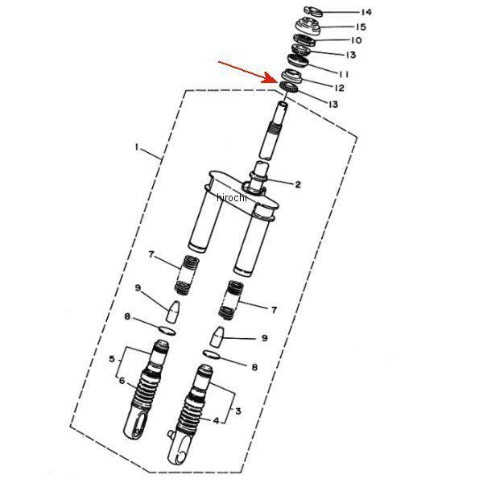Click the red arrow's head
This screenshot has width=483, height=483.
pos(270,77)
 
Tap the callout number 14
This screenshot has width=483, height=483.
pos(366,12)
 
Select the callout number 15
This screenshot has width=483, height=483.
pos(361,27)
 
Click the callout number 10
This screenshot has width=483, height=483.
pos(356,40)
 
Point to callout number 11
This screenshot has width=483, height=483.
pos(344,74)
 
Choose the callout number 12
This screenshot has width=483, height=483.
pos(339,88)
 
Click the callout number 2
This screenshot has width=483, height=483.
pos(298,184)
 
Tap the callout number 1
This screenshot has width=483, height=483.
pos(137,147)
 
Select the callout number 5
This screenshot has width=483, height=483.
pos(112,358)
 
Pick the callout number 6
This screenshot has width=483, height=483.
pos(122,381)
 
